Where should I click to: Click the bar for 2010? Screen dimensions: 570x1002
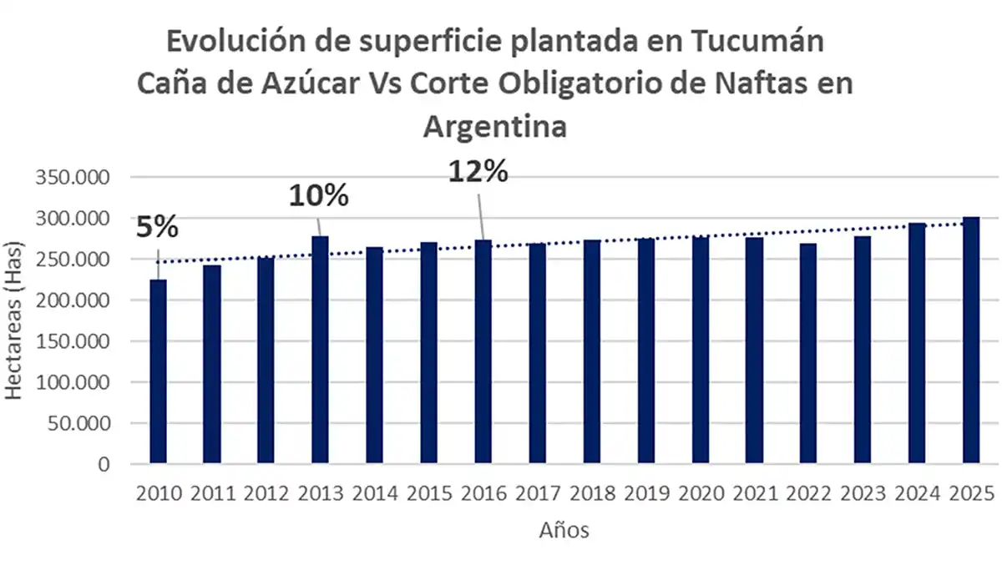click(x=158, y=371)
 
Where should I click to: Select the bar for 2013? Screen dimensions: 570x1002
click(x=320, y=350)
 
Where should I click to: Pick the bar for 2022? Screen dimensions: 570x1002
click(x=808, y=353)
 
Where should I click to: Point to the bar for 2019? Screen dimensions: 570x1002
click(x=645, y=351)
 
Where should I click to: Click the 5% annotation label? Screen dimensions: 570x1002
click(x=157, y=227)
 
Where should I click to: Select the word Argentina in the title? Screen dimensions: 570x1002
click(x=495, y=126)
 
